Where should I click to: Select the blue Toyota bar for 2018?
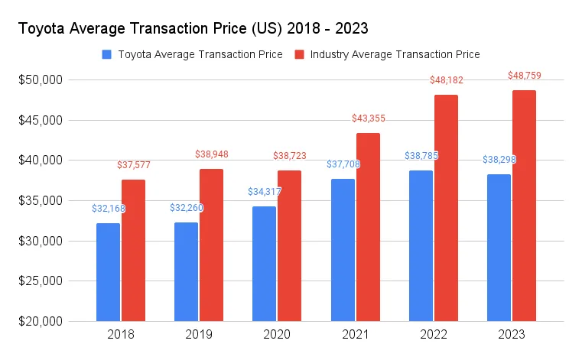tap(108, 271)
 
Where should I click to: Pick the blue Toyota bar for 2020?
tap(264, 263)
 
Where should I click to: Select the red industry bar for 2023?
tap(524, 206)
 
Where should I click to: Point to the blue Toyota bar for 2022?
tap(421, 245)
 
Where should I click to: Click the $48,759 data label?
tap(524, 76)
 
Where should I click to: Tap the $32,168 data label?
tap(108, 208)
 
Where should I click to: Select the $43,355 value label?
tap(368, 118)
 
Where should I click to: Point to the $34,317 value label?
tap(264, 191)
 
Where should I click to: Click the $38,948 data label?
tap(211, 154)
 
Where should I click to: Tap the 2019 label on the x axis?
tap(199, 335)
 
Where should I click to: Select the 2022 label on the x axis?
tap(434, 335)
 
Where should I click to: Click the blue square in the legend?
tap(106, 54)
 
